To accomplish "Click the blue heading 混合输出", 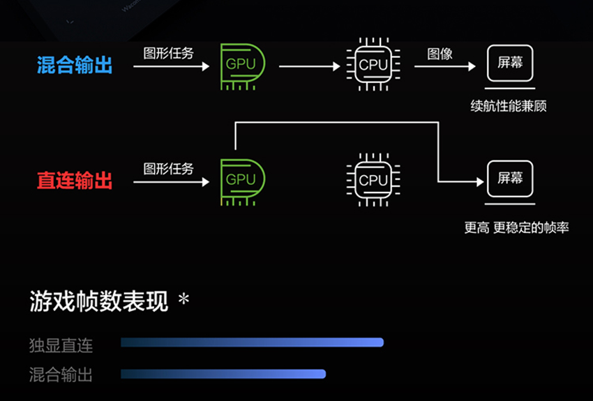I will (x=75, y=66).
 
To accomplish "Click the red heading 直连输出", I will (x=75, y=181).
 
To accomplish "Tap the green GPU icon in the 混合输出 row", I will (x=241, y=66).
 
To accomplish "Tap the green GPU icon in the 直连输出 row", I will (x=241, y=181).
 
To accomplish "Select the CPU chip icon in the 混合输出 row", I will (x=373, y=66).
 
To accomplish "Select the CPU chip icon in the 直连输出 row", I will (x=373, y=181).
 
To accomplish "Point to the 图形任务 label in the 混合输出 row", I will (x=169, y=54).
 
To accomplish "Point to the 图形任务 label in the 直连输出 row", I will (x=169, y=169).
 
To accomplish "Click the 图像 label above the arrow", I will (x=440, y=54).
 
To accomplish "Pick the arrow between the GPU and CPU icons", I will (x=309, y=67).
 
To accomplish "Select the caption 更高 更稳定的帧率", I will (x=516, y=227).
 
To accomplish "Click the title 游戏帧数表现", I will (x=99, y=301).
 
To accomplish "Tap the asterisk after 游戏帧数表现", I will (x=183, y=299).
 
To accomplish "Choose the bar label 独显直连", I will (x=61, y=345).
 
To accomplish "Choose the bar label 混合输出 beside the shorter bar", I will (x=61, y=374).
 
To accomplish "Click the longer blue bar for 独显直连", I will (x=252, y=342).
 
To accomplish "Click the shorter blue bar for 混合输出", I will (x=223, y=374).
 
